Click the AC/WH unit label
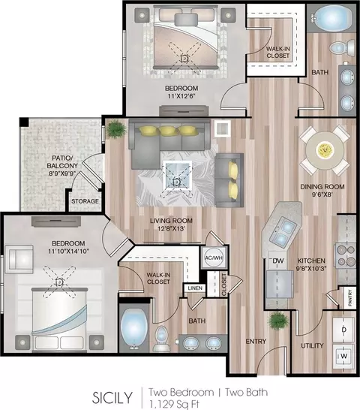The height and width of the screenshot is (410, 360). pos(214,258)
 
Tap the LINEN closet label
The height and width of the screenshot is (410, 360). pos(195,288)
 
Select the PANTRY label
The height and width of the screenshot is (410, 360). pos(350,298)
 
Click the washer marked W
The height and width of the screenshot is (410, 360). pos(343,356)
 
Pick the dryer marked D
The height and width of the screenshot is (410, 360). pos(343,330)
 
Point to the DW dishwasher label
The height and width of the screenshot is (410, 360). pos(278,261)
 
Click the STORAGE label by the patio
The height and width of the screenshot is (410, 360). pos(85,201)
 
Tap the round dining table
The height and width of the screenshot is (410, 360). pos(325,150)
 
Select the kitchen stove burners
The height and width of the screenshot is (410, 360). pos(345,255)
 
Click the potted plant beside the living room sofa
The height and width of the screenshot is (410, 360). pos(115,128)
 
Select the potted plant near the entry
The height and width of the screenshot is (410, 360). pos(279,321)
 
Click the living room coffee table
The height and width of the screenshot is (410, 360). pos(178,175)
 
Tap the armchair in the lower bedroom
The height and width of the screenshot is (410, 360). pos(19,259)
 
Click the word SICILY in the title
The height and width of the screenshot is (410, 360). pos(112,397)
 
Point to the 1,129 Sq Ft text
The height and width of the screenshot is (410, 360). pos(174,404)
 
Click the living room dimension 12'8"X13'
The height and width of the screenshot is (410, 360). pos(171,228)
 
